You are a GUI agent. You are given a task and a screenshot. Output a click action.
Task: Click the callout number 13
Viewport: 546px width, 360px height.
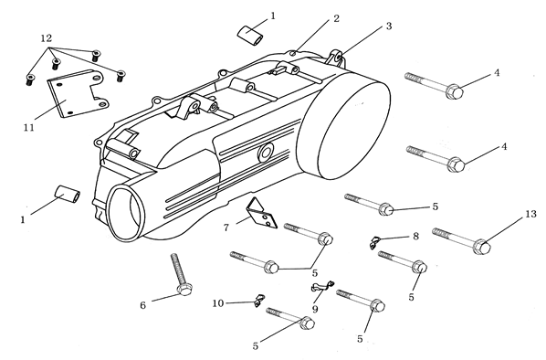[x=530, y=214]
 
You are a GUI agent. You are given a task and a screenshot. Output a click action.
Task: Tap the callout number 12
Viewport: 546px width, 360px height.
[x=47, y=38]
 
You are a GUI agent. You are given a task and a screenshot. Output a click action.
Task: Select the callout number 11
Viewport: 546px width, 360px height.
[x=29, y=128]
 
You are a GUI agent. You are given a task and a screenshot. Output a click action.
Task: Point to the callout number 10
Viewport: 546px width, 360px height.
[x=218, y=303]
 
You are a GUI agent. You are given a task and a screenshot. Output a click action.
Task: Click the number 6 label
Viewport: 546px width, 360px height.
[x=142, y=305]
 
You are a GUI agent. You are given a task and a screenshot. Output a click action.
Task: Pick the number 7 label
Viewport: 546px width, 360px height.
[x=226, y=228]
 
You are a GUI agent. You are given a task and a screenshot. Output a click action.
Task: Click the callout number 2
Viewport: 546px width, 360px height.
[x=336, y=18]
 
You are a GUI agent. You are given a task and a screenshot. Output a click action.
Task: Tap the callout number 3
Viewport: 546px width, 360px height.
[x=389, y=26]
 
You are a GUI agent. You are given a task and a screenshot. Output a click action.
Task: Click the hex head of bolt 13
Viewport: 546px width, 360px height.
[x=483, y=247]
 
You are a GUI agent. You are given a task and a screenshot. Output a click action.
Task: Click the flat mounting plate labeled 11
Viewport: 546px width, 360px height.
[x=77, y=93]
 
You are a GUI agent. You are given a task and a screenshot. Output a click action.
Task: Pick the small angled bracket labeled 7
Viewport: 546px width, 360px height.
[x=261, y=213]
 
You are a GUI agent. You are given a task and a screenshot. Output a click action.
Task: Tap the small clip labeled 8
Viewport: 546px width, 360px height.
[x=374, y=242]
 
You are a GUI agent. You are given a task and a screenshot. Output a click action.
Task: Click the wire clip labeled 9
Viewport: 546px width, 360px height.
[x=322, y=286]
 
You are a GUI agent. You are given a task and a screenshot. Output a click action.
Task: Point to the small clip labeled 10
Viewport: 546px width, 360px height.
[x=258, y=301]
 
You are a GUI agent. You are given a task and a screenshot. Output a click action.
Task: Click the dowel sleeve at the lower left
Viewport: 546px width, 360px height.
[x=68, y=194]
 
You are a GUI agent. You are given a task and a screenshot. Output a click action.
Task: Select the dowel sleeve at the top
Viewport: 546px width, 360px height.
[x=250, y=35]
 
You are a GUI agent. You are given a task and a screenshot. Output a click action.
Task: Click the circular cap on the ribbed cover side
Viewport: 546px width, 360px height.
[x=266, y=153]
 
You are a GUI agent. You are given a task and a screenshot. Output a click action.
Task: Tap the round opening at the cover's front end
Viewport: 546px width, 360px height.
[x=125, y=213]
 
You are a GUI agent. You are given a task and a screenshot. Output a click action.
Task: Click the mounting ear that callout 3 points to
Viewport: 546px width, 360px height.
[x=336, y=58]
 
